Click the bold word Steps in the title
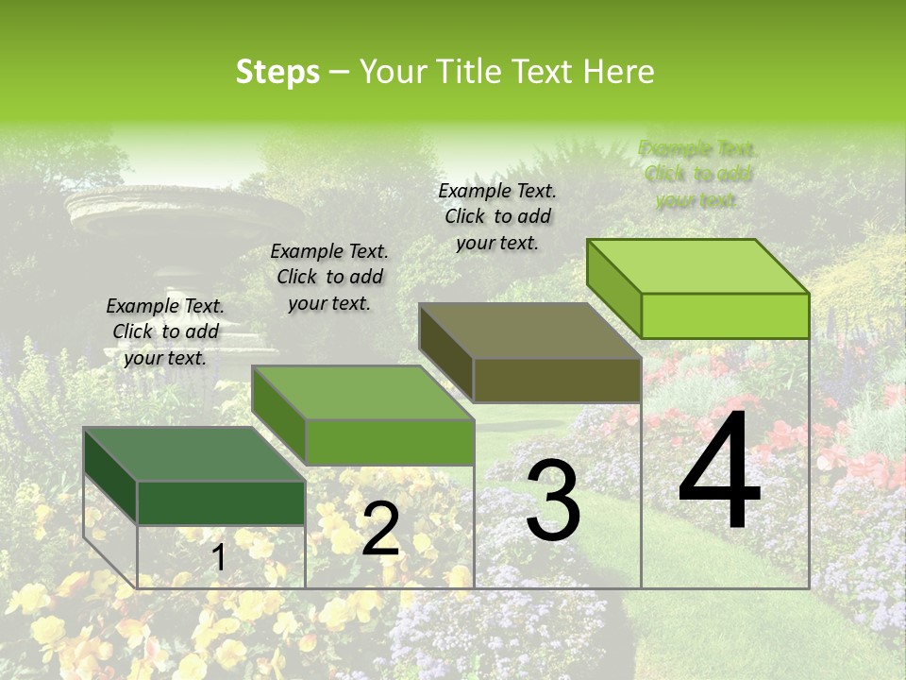pyautogui.click(x=277, y=72)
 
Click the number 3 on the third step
pyautogui.click(x=553, y=501)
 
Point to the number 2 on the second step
pyautogui.click(x=380, y=530)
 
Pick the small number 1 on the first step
pyautogui.click(x=218, y=558)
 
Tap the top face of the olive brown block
pyautogui.click(x=529, y=331)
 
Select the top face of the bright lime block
pyautogui.click(x=697, y=265)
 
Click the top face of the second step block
pyautogui.click(x=362, y=392)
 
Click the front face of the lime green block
pyautogui.click(x=725, y=315)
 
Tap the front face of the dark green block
pyautogui.click(x=221, y=502)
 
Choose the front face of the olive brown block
pyautogui.click(x=557, y=380)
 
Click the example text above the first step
pyautogui.click(x=165, y=331)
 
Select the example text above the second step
pyautogui.click(x=329, y=277)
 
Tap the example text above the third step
pyautogui.click(x=497, y=216)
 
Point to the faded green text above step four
pyautogui.click(x=698, y=174)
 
